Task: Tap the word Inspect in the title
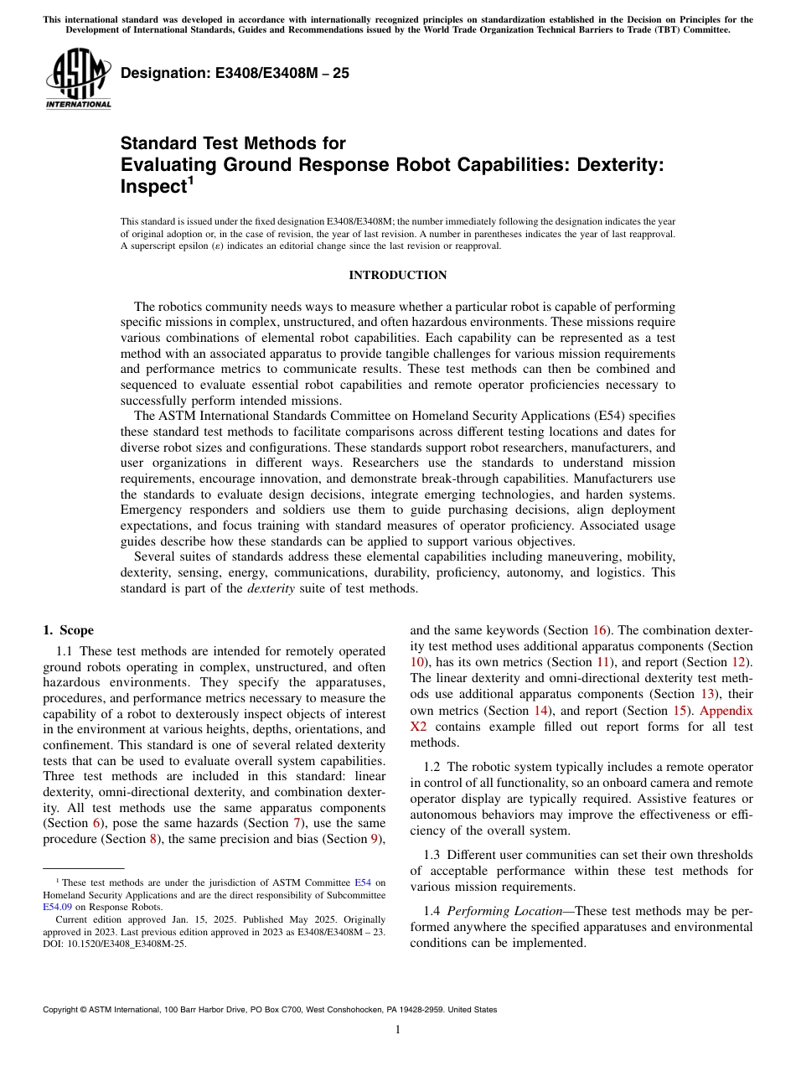[x=152, y=187]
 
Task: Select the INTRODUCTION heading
[x=397, y=275]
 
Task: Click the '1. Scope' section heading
[x=68, y=630]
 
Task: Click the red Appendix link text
[x=726, y=711]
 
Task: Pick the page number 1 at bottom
[x=397, y=1030]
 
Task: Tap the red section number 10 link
[x=417, y=662]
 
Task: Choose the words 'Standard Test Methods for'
[x=233, y=143]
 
